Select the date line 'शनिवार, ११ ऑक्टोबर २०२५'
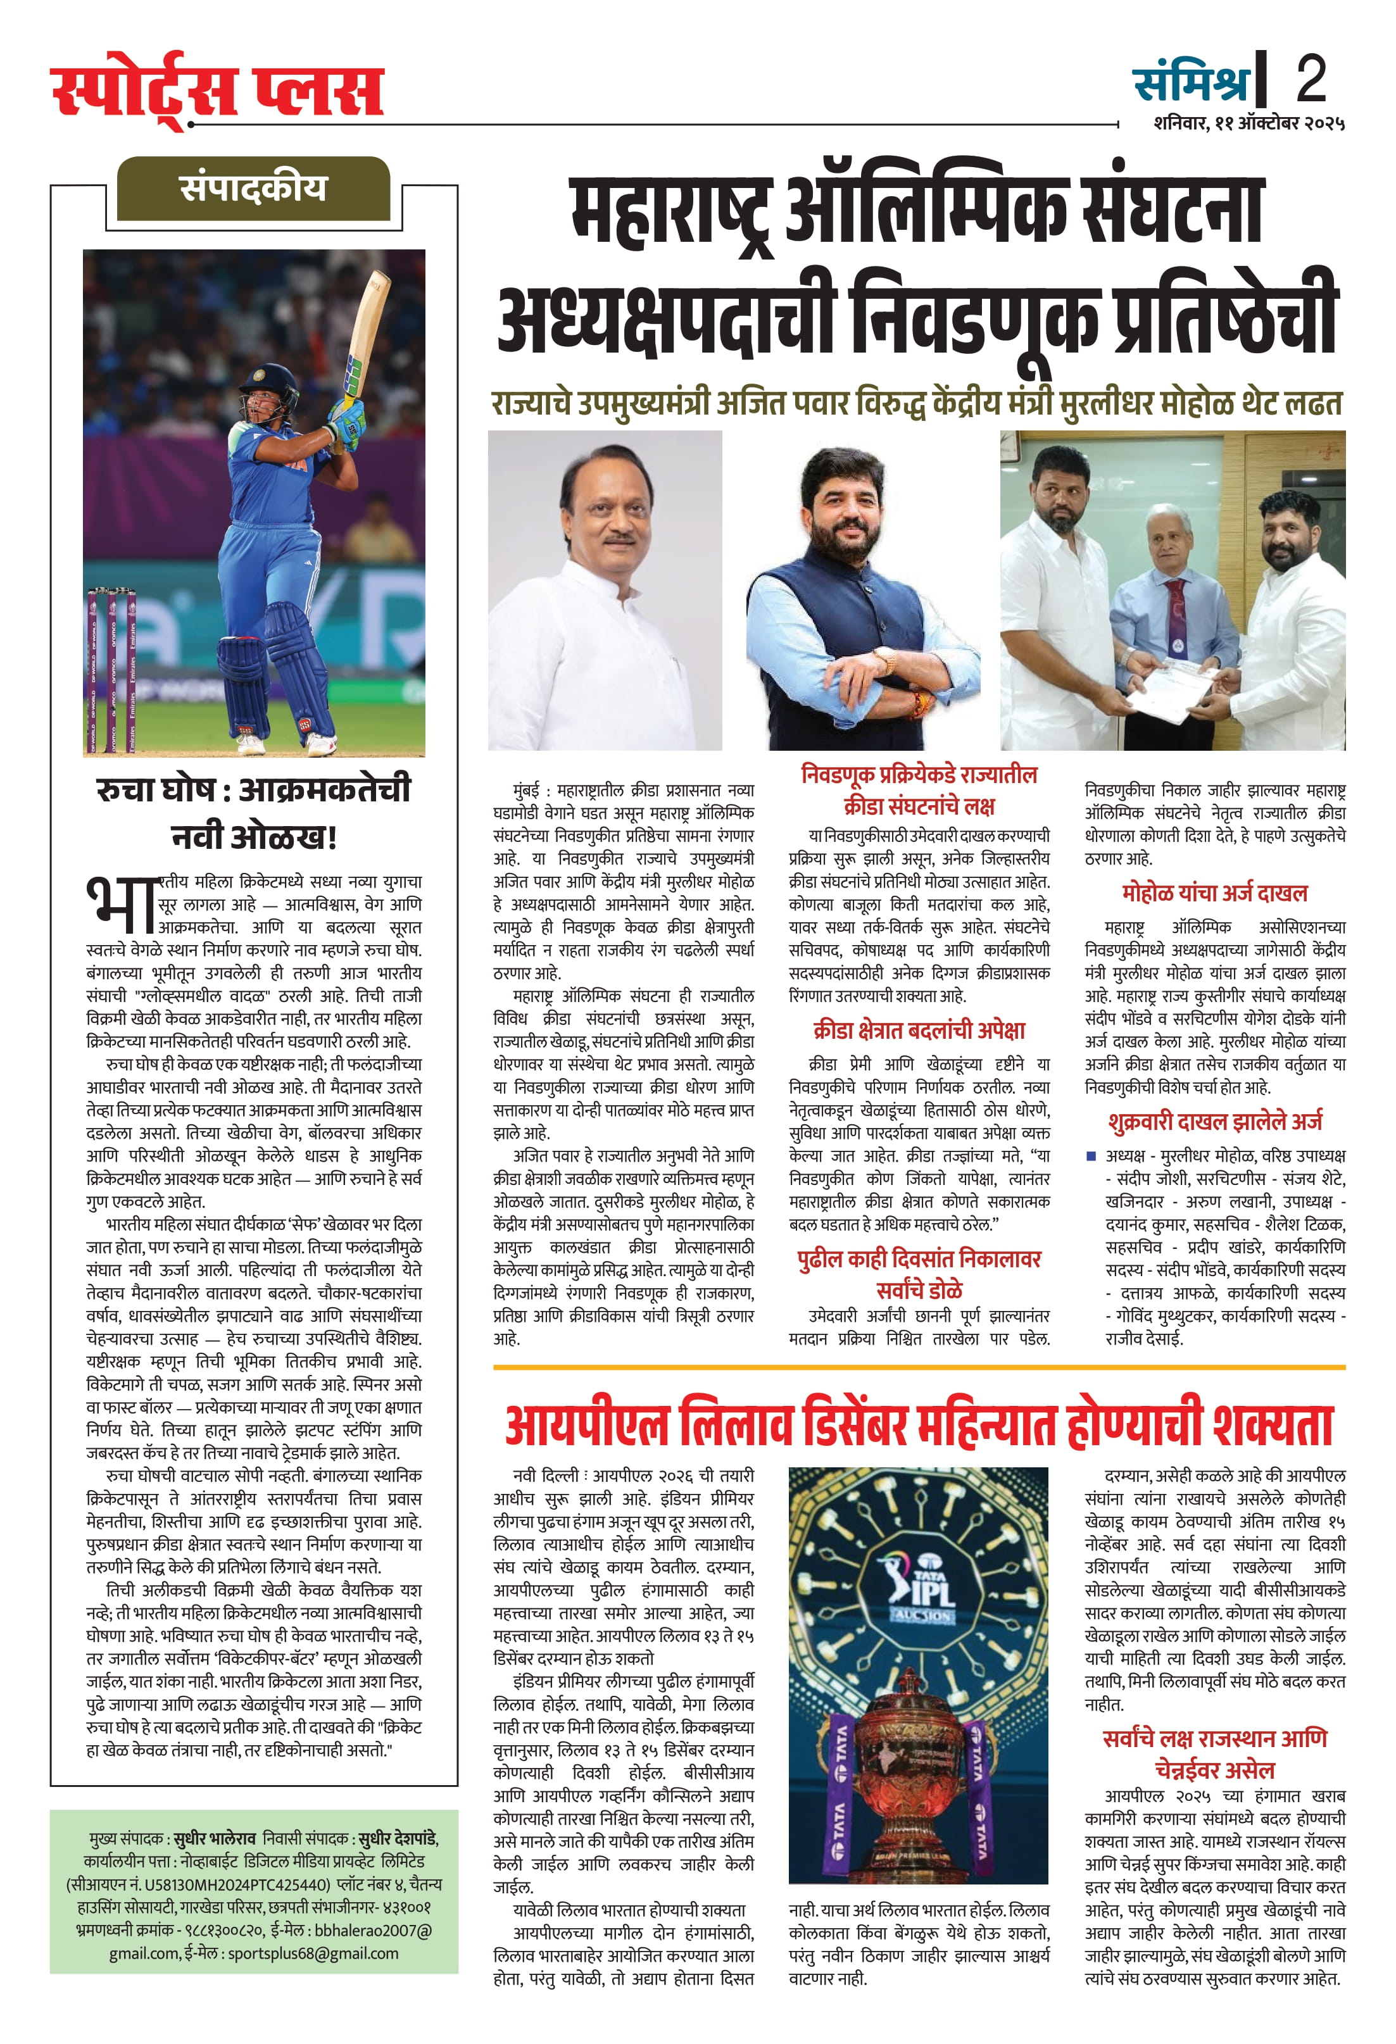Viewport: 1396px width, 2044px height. click(x=1249, y=123)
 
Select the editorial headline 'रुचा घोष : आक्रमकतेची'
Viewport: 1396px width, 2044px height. click(x=253, y=789)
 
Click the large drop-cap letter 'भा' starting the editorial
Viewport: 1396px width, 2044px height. click(x=122, y=904)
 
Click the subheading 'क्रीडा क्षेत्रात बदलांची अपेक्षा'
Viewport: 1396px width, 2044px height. click(x=919, y=1030)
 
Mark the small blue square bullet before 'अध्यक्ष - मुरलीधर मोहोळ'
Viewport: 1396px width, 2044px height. click(x=1091, y=1156)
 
